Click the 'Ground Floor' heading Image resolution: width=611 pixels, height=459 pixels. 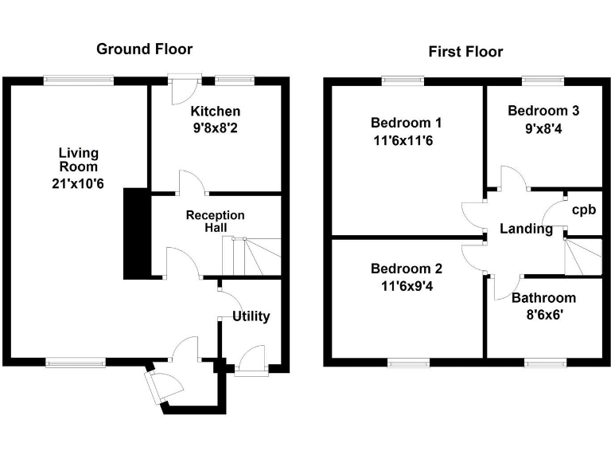144,49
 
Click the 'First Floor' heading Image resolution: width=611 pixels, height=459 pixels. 465,52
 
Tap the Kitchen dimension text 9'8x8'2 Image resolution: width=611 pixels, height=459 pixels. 215,126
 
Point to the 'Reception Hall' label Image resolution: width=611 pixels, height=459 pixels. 215,222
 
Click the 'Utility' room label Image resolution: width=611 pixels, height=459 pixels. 251,316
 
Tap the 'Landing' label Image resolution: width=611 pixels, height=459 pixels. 526,229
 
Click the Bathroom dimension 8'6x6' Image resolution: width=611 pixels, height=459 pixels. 543,316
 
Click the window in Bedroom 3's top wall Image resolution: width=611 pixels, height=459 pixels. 543,80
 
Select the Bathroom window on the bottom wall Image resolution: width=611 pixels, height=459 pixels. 546,363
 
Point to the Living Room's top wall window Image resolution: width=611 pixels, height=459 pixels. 78,79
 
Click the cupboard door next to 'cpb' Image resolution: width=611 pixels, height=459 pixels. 551,213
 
